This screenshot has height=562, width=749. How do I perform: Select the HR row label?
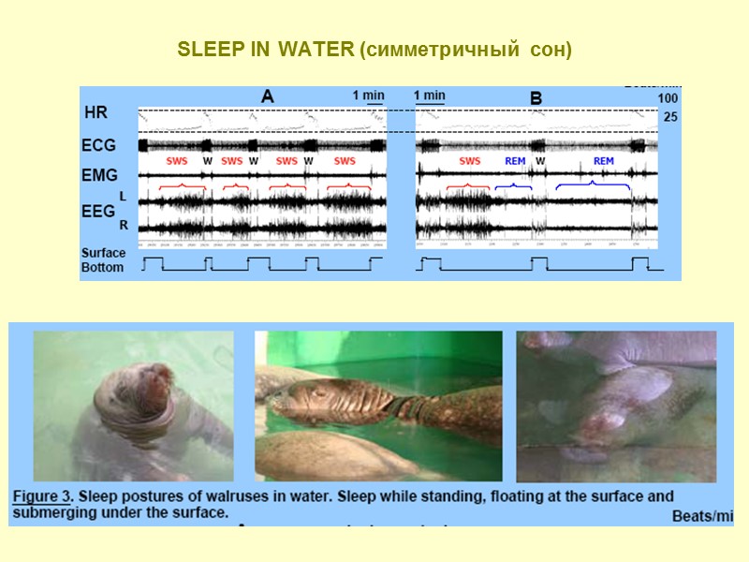coord(95,112)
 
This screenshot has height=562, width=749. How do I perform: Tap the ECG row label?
coord(99,145)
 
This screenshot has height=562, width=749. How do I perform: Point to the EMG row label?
coord(99,174)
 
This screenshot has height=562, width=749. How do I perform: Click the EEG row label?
coord(99,212)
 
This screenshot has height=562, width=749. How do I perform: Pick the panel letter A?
coord(267,96)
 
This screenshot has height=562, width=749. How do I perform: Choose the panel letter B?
coord(536,97)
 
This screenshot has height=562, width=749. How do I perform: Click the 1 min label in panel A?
coord(369,96)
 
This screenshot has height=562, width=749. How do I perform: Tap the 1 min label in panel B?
coord(430,96)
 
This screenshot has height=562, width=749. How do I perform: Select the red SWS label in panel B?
coord(470,161)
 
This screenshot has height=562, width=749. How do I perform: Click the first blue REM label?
coord(515,161)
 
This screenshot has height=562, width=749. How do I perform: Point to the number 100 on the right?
coord(668,98)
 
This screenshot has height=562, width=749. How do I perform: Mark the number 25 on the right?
coord(670,117)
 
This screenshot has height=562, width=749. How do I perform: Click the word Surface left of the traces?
coord(103,253)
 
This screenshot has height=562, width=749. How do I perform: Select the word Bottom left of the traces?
coord(102,267)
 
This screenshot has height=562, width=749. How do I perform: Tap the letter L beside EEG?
coord(123,196)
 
